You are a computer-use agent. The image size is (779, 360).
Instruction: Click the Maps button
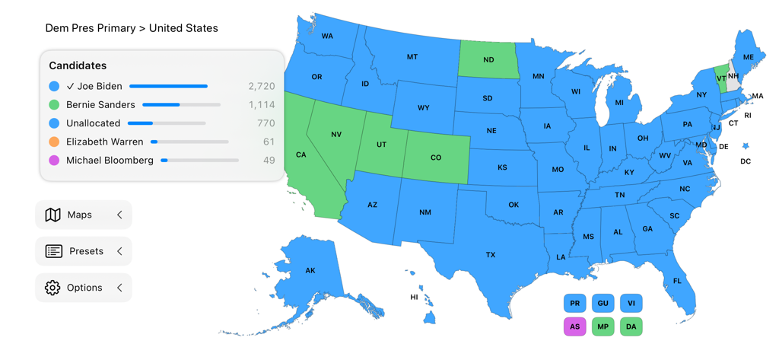[x=83, y=215]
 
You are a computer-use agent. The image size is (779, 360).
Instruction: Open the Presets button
[x=83, y=251]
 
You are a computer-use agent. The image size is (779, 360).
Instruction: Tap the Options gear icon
[x=52, y=288]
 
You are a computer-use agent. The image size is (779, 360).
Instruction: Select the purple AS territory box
[x=574, y=327]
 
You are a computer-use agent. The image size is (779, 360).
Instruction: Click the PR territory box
[x=574, y=303]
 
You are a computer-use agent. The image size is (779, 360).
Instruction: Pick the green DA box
[x=631, y=327]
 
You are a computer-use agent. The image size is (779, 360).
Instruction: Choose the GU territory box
[x=603, y=303]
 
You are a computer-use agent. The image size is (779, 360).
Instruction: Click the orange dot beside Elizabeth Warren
[x=54, y=142]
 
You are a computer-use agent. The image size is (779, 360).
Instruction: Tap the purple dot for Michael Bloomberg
[x=54, y=161]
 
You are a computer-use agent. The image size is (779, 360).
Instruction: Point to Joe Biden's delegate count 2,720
[x=261, y=86]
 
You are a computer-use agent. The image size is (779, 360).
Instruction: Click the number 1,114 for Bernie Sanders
[x=261, y=105]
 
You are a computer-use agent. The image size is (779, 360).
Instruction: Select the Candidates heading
[x=78, y=66]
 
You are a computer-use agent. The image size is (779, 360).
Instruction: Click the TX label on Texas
[x=491, y=255]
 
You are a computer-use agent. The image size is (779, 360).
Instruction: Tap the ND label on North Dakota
[x=488, y=59]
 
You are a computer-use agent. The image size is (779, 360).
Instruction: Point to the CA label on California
[x=301, y=155]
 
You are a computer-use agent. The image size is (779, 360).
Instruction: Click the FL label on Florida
[x=677, y=281]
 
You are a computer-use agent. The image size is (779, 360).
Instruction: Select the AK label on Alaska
[x=310, y=270]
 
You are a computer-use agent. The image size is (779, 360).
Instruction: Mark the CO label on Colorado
[x=436, y=158]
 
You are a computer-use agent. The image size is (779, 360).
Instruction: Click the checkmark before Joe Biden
[x=70, y=86]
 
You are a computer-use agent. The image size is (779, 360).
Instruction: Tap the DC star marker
[x=746, y=145]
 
